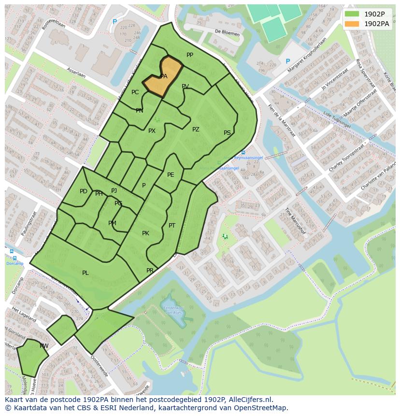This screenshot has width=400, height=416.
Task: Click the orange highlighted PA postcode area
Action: click(x=164, y=77)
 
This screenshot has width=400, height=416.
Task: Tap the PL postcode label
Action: click(x=86, y=273)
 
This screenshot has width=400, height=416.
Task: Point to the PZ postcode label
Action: click(x=196, y=129)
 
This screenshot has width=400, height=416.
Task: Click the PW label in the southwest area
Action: click(x=44, y=346)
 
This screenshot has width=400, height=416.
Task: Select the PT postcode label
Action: click(x=172, y=226)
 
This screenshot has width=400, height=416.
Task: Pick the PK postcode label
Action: click(x=145, y=233)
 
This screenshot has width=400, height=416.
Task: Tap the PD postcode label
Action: click(x=84, y=191)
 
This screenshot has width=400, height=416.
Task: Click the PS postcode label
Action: click(x=227, y=133)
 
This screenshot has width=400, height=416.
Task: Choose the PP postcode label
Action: click(x=190, y=55)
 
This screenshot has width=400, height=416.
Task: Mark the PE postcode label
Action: click(x=171, y=175)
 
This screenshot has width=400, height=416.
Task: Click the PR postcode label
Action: click(x=150, y=271)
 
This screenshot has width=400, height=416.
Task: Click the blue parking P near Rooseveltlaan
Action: click(x=114, y=22)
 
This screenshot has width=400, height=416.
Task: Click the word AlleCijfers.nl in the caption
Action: click(x=249, y=400)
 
